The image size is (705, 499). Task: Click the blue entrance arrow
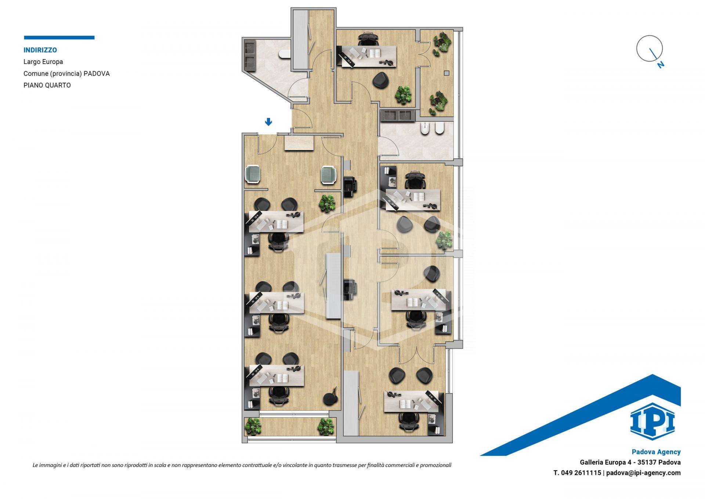(268, 122)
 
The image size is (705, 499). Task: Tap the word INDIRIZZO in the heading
(40, 50)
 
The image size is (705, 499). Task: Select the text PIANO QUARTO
(47, 85)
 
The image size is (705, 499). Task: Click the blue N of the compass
(661, 65)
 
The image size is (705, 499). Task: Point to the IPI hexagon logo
(652, 421)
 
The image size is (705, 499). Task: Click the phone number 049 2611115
(581, 473)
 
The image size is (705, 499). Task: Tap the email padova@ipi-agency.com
(643, 473)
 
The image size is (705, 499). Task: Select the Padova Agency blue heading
(656, 452)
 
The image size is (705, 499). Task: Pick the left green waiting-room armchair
(253, 175)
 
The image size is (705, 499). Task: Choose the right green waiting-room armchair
(329, 175)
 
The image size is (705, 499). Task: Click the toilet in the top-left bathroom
(285, 54)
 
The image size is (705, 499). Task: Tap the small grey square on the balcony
(446, 73)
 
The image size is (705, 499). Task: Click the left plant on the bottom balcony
(253, 426)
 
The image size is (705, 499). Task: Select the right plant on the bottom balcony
(326, 427)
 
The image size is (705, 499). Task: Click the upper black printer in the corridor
(350, 186)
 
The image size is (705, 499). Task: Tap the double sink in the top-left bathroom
(250, 55)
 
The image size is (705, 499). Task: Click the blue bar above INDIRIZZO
(59, 37)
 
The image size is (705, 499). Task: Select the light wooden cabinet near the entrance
(299, 143)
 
